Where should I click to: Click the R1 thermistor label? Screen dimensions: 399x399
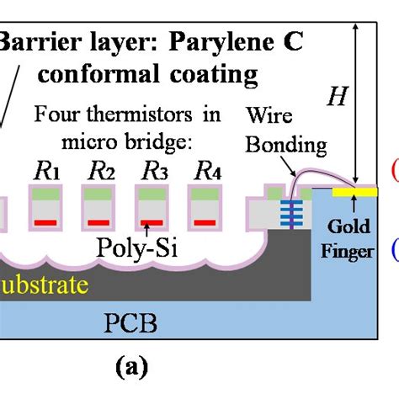tap(46, 173)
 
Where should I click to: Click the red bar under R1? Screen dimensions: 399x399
tap(46, 221)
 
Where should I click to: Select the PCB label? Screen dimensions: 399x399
tap(134, 322)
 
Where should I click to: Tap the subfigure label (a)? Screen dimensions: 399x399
tap(132, 368)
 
